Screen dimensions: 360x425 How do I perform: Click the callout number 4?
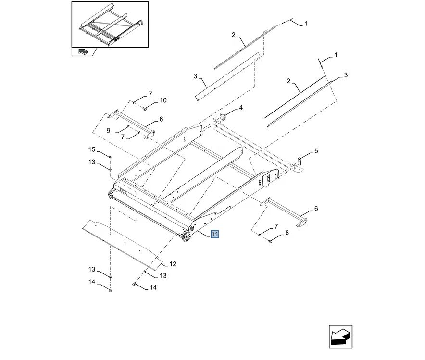point(241,108)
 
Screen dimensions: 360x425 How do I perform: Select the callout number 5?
point(316,151)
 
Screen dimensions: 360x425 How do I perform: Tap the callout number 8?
point(287,233)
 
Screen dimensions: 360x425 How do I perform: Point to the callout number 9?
point(108,130)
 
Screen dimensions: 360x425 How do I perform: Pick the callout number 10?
point(163,100)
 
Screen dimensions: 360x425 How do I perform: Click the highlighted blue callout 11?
point(214,234)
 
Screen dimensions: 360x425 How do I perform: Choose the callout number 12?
point(173,264)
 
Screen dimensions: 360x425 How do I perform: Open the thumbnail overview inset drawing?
point(110,25)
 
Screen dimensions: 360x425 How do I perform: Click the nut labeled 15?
point(111,157)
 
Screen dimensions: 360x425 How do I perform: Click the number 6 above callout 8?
point(316,209)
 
